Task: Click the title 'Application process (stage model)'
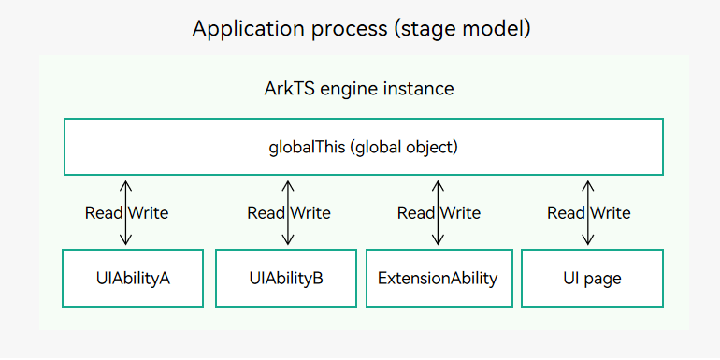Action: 361,28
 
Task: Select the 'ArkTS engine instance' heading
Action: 359,89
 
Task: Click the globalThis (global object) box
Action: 363,147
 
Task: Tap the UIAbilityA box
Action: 133,278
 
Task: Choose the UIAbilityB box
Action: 286,278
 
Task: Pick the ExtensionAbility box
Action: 439,278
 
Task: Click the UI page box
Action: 591,278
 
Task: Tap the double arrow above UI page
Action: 587,212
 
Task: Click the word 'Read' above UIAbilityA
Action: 104,213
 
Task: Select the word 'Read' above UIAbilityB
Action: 266,213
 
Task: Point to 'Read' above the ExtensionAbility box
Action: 416,213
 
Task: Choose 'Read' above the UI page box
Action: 566,213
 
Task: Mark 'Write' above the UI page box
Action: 611,213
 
